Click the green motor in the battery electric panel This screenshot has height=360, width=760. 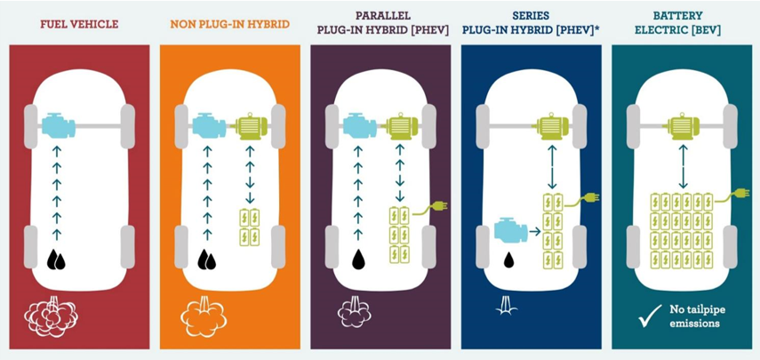click(682, 126)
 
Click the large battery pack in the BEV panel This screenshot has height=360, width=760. click(684, 230)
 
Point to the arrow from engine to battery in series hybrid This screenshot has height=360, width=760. click(536, 230)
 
